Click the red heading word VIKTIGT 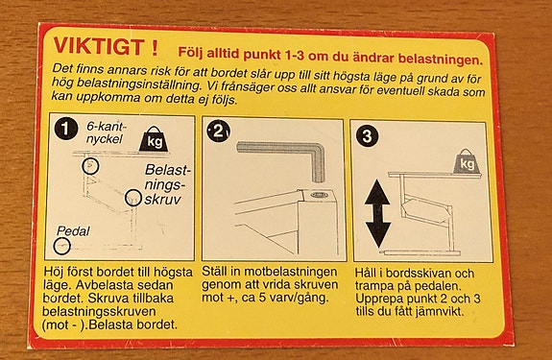tap(99, 46)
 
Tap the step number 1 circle tap(65, 130)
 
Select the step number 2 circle tap(219, 132)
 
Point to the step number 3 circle tap(367, 135)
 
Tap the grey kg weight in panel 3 tap(467, 161)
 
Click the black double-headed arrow tap(377, 214)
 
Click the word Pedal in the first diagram tap(73, 231)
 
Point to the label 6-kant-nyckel tap(106, 132)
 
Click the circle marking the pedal tap(62, 246)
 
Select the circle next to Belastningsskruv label tap(133, 198)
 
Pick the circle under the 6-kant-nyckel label tap(90, 166)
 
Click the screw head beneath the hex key tap(319, 195)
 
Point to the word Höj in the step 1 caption tap(54, 272)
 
